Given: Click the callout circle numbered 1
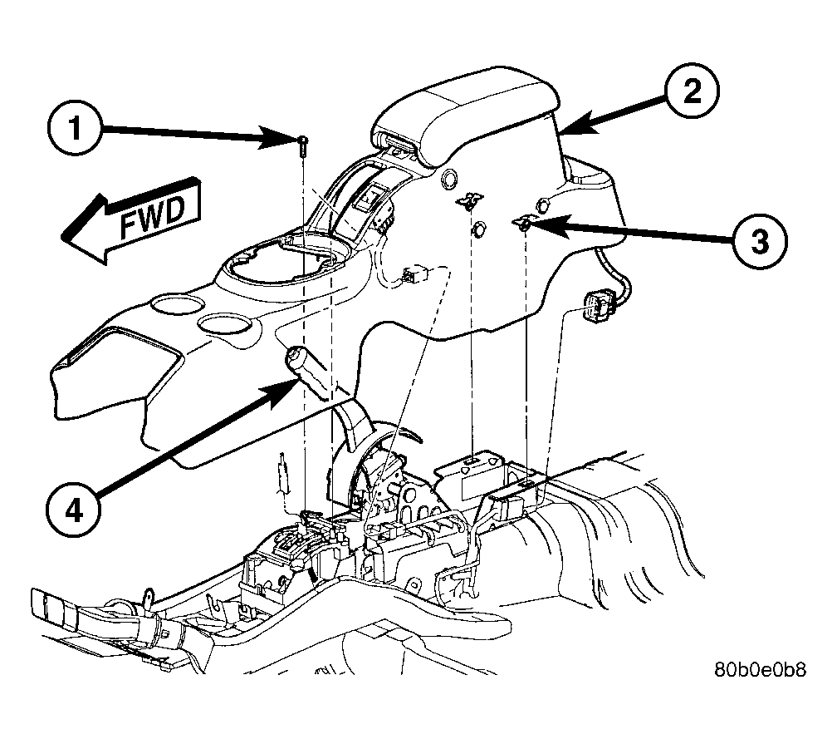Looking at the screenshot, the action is (x=74, y=129).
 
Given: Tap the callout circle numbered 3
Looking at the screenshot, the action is (x=760, y=241).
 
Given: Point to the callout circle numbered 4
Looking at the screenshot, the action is (x=74, y=511).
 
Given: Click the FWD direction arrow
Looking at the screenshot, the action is (x=132, y=219).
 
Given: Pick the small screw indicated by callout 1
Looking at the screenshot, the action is (x=303, y=145).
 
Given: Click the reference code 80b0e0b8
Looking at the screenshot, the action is (x=761, y=669).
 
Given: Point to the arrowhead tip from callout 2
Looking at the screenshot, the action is (x=562, y=132).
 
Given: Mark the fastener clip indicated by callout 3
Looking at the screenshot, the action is (x=522, y=224).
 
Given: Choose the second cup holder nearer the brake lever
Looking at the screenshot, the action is (x=224, y=325).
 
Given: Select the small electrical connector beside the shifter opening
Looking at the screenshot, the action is (x=416, y=276).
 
